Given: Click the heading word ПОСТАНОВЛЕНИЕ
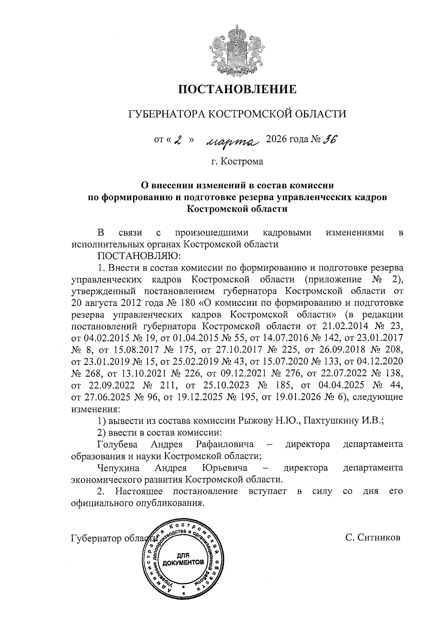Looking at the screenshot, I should [237, 89].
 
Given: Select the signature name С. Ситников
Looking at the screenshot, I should [372, 537].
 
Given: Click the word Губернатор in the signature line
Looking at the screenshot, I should [96, 538].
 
